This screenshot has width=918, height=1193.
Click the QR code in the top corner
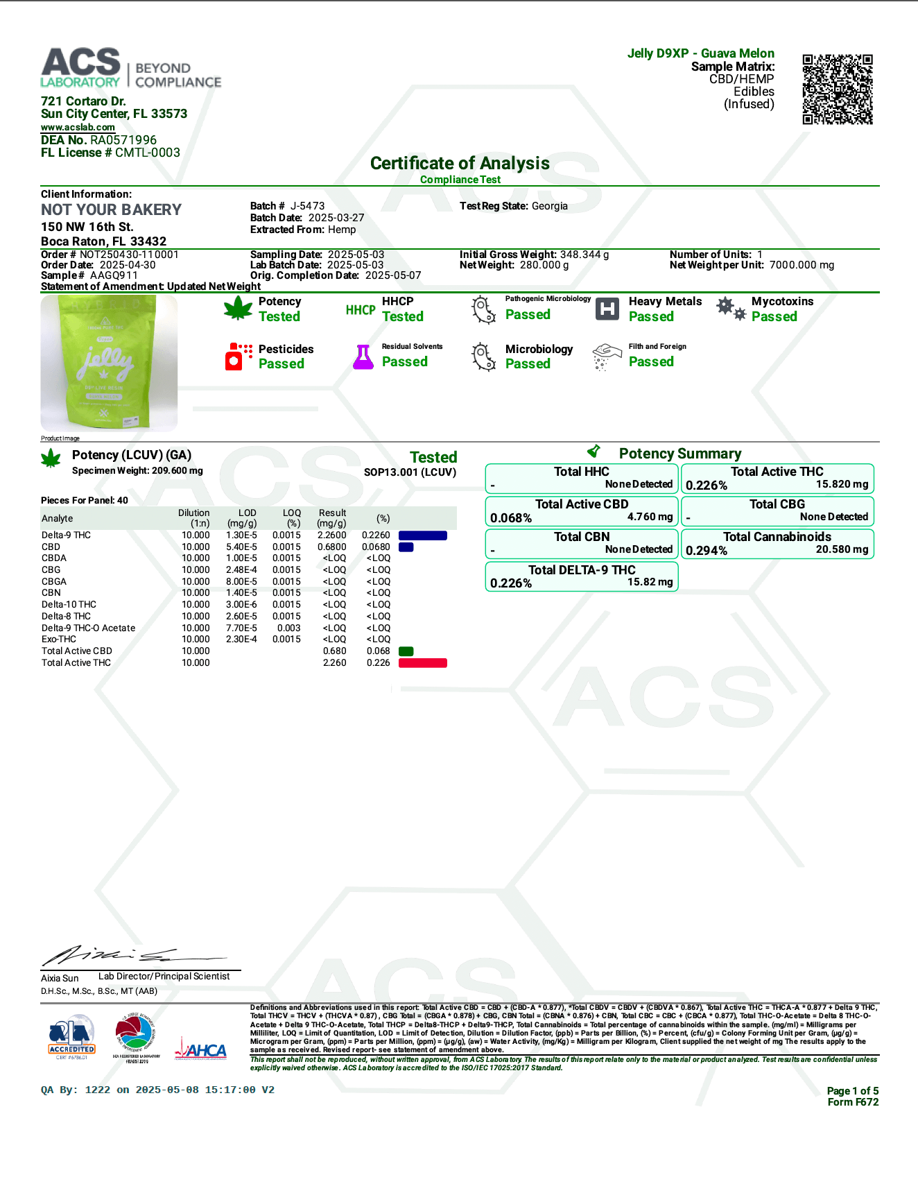click(x=837, y=89)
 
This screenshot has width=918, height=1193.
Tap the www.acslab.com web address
click(x=78, y=128)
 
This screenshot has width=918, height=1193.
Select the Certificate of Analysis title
click(x=460, y=164)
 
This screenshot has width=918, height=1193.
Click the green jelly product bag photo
click(x=109, y=363)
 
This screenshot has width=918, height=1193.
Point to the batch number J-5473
click(x=307, y=206)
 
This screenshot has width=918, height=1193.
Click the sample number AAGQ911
click(x=114, y=275)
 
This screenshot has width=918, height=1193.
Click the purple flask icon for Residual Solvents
click(x=363, y=357)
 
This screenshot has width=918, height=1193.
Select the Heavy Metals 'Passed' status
click(x=651, y=317)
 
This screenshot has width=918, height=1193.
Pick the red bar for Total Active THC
click(x=422, y=663)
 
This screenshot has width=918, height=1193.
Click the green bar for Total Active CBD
click(x=406, y=651)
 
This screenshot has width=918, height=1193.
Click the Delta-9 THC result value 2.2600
click(x=331, y=535)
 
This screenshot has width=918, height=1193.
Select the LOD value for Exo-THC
click(x=241, y=640)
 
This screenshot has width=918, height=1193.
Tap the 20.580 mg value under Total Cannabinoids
click(x=842, y=549)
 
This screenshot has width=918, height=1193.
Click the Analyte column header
click(x=57, y=519)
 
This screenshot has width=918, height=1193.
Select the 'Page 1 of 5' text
click(x=852, y=1091)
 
